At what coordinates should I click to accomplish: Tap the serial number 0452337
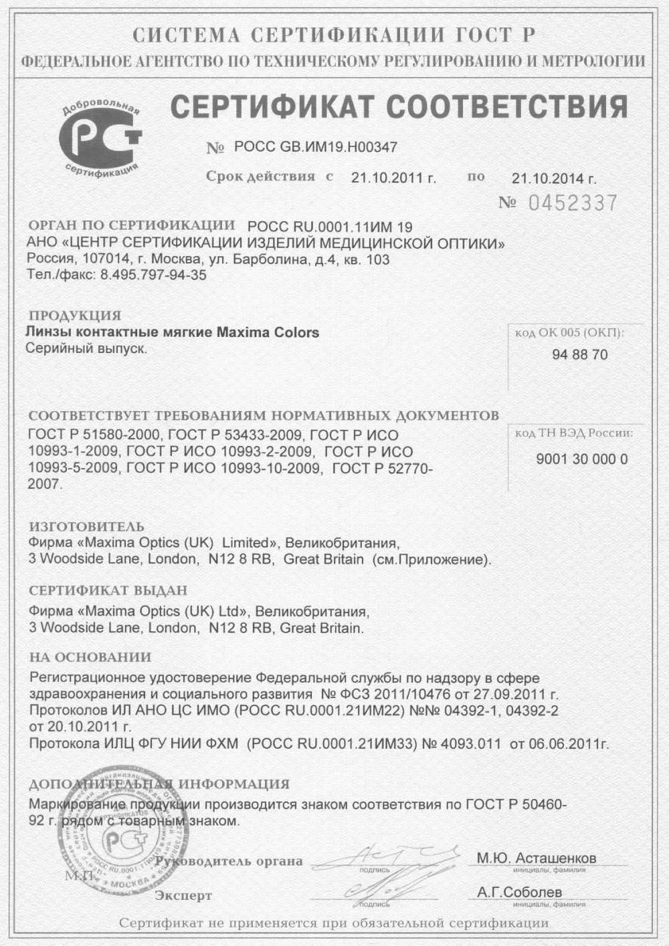click(x=573, y=203)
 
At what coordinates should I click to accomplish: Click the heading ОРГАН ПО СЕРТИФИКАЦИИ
click(x=132, y=225)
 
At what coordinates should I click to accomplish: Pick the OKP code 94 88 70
click(x=580, y=355)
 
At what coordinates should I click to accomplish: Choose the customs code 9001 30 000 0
click(x=582, y=459)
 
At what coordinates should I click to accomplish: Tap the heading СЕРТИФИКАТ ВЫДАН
click(x=108, y=591)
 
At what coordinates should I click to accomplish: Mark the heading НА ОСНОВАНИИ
click(x=90, y=657)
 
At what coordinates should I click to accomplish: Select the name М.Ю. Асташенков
click(x=537, y=858)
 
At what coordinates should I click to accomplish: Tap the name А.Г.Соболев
click(x=520, y=893)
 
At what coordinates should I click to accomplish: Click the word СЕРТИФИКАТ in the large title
click(x=273, y=107)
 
